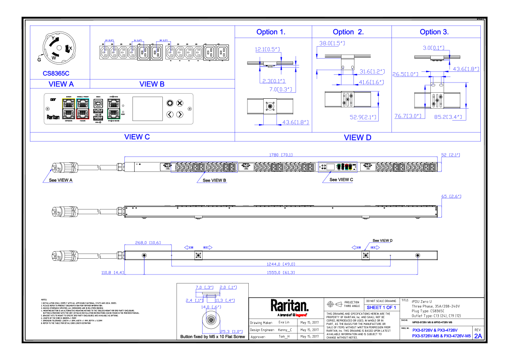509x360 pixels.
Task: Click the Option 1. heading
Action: [x=271, y=32]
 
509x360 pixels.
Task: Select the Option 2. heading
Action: [x=348, y=32]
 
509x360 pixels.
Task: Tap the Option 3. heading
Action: [x=434, y=32]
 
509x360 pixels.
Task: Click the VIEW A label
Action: [x=61, y=84]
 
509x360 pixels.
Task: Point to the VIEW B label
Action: [x=152, y=84]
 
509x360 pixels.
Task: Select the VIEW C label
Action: [x=137, y=137]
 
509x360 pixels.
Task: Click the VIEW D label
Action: [x=358, y=138]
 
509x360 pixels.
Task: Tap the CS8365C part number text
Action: [x=56, y=74]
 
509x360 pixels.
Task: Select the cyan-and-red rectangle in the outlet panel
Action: [x=82, y=109]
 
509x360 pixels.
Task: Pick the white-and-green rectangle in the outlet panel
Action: [x=114, y=109]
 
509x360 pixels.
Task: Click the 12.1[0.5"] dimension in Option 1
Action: [x=268, y=50]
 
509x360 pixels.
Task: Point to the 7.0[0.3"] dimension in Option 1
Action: [x=281, y=90]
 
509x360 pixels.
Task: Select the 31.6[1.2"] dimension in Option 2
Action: [x=372, y=71]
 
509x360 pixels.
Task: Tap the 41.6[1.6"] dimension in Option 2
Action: [x=371, y=82]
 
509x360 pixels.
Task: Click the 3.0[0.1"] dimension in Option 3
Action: [x=434, y=48]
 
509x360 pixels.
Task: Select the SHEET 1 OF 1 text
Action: [x=381, y=308]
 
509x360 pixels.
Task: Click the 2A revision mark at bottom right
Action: [x=478, y=336]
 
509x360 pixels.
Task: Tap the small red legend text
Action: [x=301, y=315]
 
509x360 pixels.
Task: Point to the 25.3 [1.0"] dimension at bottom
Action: [x=231, y=332]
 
